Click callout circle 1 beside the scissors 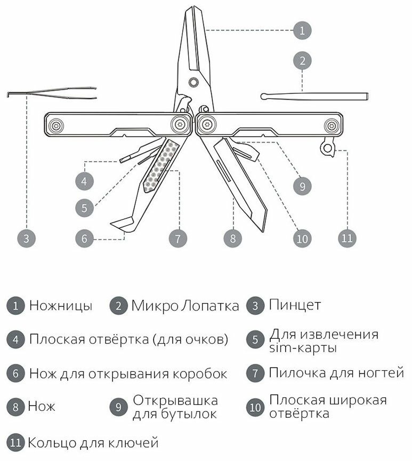click(x=302, y=30)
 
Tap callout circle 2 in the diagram click(x=302, y=60)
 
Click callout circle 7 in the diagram click(x=177, y=238)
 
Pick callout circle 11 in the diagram click(x=347, y=238)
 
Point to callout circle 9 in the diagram click(x=302, y=186)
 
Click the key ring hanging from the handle click(x=327, y=147)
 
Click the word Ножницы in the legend click(x=61, y=306)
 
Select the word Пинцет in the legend click(x=295, y=306)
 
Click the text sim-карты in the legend click(x=303, y=348)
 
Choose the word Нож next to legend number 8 click(x=42, y=407)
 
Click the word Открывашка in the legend click(x=175, y=400)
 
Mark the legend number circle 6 click(x=15, y=373)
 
